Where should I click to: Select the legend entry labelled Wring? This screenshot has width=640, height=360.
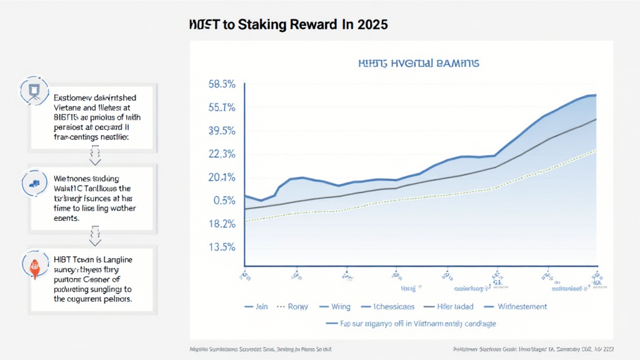pyautogui.click(x=341, y=306)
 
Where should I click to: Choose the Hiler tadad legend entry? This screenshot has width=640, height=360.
pyautogui.click(x=455, y=306)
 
